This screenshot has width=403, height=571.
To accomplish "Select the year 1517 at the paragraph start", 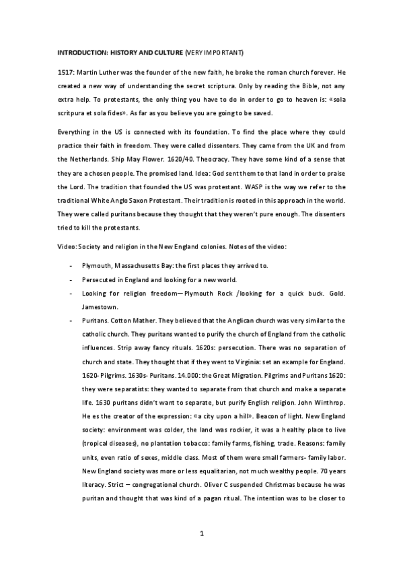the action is coord(66,71).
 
